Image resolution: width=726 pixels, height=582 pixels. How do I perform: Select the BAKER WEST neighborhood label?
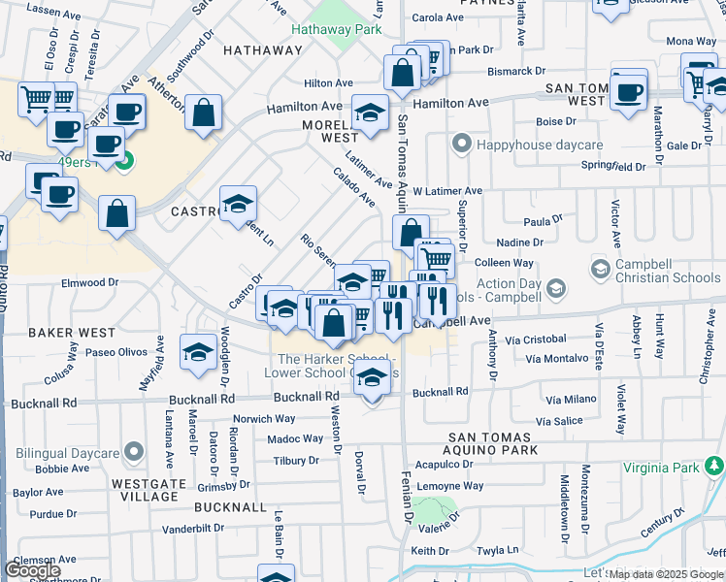72,333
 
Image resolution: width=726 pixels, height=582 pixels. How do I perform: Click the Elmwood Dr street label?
89,283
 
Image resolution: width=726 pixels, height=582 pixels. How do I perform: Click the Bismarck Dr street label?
516,71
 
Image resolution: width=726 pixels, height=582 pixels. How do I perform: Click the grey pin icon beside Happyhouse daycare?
461,145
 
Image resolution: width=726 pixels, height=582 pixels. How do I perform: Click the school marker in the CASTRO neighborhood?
238,205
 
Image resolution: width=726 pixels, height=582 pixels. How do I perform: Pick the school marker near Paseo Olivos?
198,353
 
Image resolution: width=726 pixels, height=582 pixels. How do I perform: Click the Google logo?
33,570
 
